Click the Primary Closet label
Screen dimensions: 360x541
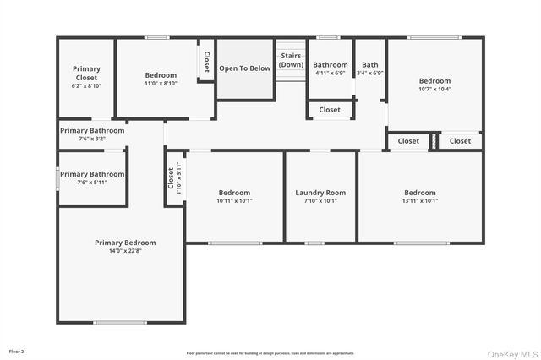86,73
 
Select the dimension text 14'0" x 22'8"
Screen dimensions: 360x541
125,251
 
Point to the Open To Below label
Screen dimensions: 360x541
245,68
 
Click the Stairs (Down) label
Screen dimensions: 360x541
291,60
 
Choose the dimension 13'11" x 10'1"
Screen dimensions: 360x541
420,201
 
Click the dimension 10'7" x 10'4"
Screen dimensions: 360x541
435,89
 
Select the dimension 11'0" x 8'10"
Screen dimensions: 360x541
161,84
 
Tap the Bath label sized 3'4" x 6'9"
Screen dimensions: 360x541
370,64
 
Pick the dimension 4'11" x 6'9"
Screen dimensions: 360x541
330,74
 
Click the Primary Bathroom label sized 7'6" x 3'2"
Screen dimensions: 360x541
91,131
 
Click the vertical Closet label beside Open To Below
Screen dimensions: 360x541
206,61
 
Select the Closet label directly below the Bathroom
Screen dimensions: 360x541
330,110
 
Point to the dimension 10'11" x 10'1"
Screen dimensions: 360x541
234,201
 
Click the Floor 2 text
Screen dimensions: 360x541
17,351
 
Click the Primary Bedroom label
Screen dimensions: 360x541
125,243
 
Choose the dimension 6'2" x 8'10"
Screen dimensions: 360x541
86,85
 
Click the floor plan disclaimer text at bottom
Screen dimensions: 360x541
270,353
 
